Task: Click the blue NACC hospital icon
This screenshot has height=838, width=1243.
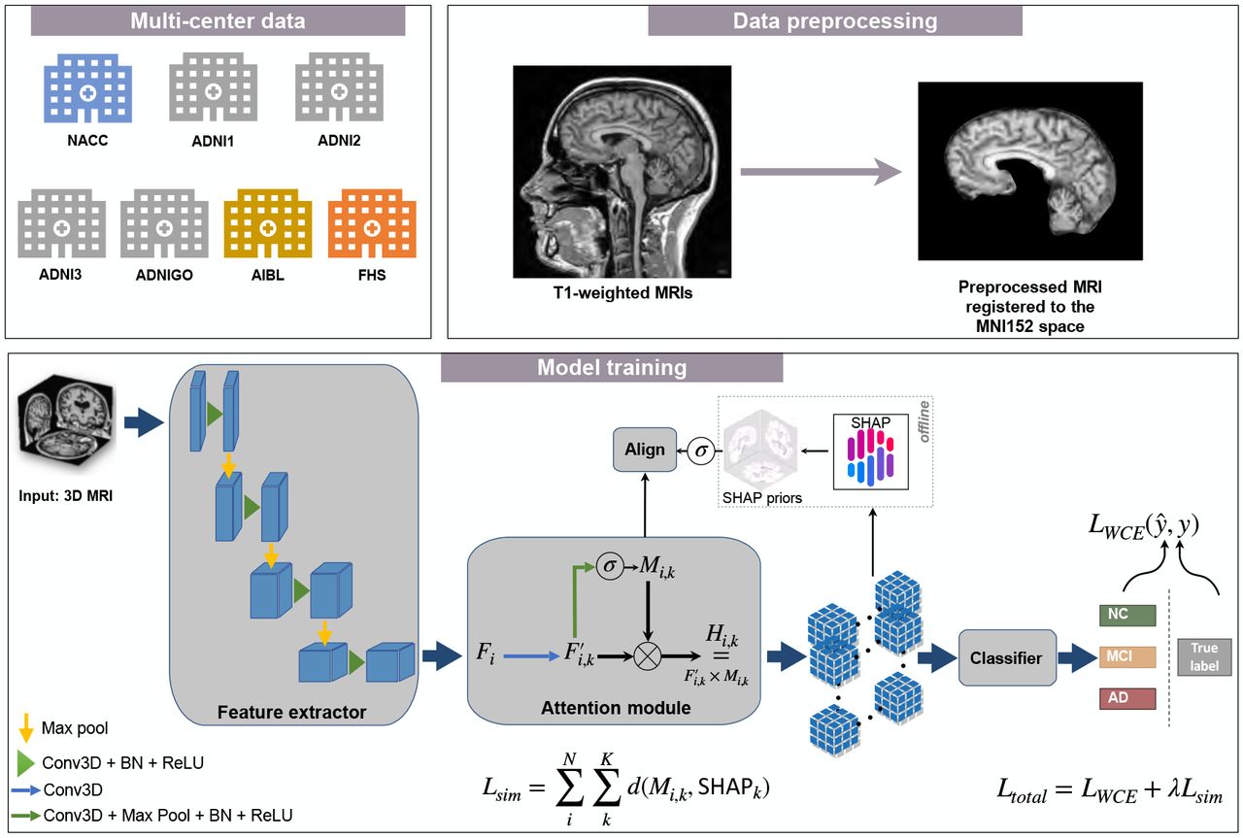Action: pyautogui.click(x=87, y=87)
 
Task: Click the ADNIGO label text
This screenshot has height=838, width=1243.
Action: pyautogui.click(x=164, y=275)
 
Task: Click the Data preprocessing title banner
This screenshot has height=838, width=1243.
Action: pyautogui.click(x=834, y=20)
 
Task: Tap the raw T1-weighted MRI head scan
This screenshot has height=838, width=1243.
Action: pyautogui.click(x=621, y=171)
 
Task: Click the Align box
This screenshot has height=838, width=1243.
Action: pyautogui.click(x=645, y=450)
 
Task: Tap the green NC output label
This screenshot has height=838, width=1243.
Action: pyautogui.click(x=1126, y=615)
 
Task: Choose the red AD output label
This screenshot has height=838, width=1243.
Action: pyautogui.click(x=1126, y=699)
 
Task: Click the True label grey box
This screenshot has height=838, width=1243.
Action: pyautogui.click(x=1204, y=658)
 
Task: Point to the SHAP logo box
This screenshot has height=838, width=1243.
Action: pyautogui.click(x=875, y=451)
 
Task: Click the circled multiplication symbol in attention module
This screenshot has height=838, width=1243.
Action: pyautogui.click(x=647, y=658)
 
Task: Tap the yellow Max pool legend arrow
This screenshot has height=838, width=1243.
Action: pyautogui.click(x=26, y=727)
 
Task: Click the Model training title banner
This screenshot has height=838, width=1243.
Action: pyautogui.click(x=612, y=368)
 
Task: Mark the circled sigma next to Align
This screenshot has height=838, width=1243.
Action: pyautogui.click(x=700, y=450)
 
